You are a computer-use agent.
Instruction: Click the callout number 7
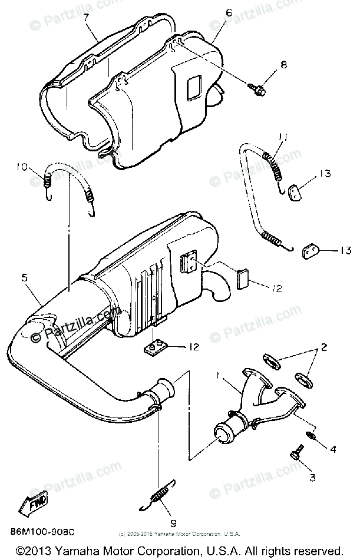pos(86,18)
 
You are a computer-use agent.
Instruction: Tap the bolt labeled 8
pos(257,88)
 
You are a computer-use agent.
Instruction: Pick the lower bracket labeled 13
pos(310,251)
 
